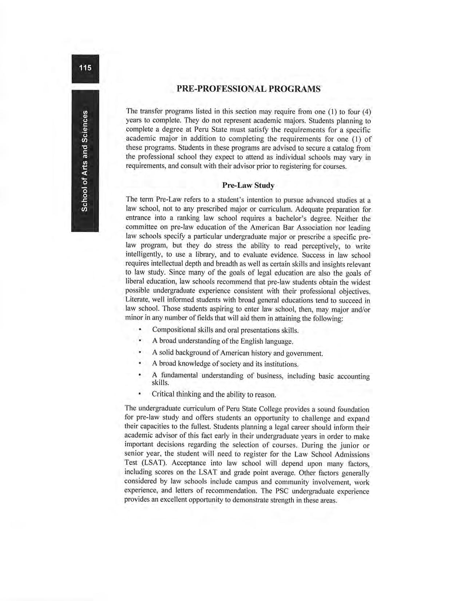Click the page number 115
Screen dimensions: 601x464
[85, 68]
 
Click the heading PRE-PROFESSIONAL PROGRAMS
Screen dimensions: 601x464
[248, 89]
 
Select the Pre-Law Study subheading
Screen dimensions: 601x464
[248, 185]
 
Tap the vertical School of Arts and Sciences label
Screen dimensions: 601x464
[85, 160]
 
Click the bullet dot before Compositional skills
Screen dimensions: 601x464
[140, 330]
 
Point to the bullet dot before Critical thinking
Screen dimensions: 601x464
[140, 394]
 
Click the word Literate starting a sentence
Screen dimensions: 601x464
[138, 300]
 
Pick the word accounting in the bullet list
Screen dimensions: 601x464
[353, 376]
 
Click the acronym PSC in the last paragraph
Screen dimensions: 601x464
[282, 491]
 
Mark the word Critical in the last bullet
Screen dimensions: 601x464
[163, 394]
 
